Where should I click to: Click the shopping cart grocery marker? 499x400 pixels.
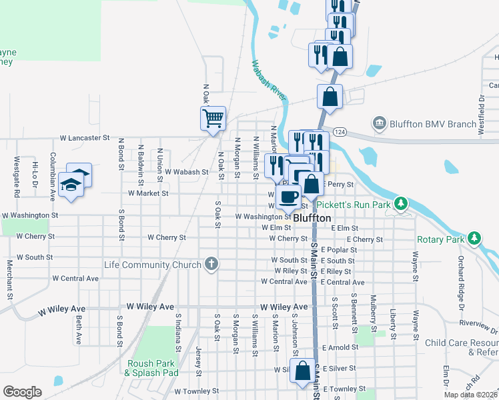point(213,119)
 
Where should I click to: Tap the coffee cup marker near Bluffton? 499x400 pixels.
point(290,197)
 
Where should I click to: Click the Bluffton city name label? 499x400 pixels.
point(312,217)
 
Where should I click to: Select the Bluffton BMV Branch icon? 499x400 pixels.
point(379,123)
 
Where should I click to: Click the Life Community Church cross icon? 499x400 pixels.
point(211,265)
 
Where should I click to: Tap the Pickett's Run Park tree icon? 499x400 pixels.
point(400,203)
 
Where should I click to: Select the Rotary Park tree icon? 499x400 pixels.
point(474,237)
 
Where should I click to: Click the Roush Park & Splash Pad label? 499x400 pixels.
point(151,368)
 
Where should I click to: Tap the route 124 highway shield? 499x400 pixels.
point(340,131)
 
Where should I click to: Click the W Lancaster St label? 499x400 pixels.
point(84,138)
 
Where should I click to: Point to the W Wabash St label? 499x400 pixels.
point(187,172)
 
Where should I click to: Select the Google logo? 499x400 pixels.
point(22,392)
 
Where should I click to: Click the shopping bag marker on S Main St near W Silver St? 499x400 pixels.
point(303,371)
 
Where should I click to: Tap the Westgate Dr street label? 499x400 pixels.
point(17,173)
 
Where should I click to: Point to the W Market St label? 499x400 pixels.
point(148,193)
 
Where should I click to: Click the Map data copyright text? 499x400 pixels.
point(471,395)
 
